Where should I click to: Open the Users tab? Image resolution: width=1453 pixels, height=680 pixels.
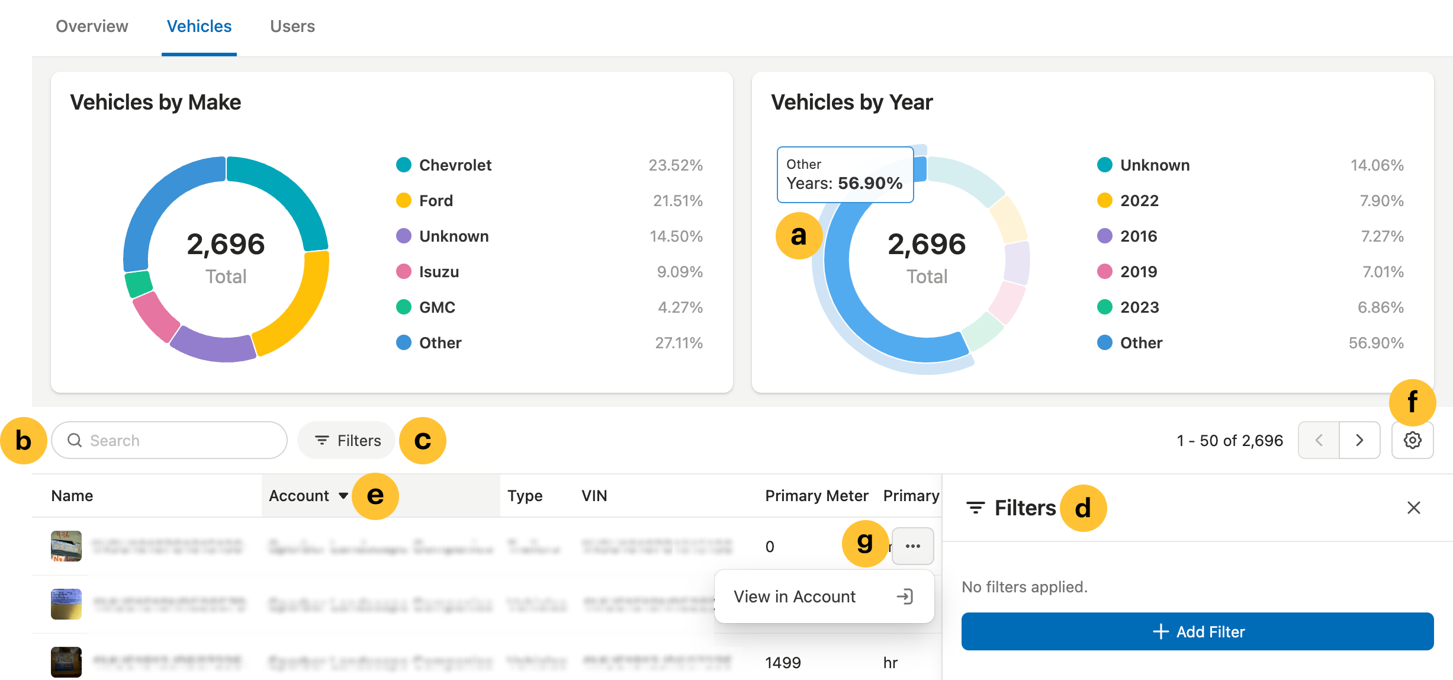(292, 27)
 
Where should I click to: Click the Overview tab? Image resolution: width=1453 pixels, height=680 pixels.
(92, 27)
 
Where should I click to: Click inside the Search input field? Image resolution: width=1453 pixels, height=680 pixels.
(178, 440)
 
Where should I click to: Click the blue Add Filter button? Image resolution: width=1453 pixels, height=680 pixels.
(1197, 631)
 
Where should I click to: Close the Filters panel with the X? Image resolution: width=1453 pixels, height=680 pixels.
(1413, 508)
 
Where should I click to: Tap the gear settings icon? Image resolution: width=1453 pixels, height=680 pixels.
(1412, 440)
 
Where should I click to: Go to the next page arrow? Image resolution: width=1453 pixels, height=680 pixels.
(1359, 440)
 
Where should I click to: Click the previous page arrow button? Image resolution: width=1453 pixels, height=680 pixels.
(1319, 440)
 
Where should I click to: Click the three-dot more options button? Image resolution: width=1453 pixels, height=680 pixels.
(912, 546)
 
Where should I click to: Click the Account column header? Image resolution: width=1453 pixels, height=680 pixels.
(300, 496)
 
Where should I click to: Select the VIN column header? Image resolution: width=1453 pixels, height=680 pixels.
(594, 496)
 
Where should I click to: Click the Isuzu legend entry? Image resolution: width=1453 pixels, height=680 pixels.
(439, 272)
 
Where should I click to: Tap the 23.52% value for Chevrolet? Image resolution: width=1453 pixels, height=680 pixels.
(675, 165)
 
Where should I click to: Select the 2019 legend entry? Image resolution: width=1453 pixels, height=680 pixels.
(1138, 272)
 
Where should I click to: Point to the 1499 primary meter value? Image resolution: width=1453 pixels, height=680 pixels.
(783, 662)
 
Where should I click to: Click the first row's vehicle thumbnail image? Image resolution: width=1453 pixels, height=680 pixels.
(66, 546)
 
